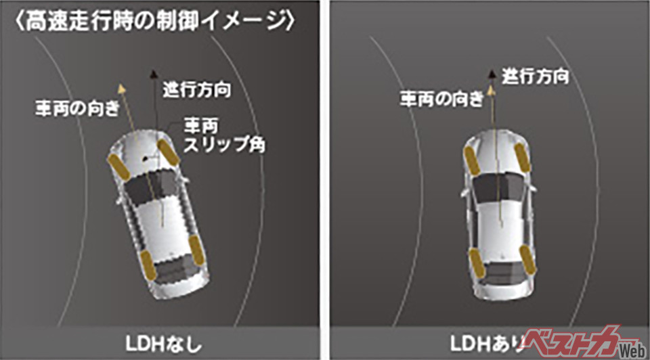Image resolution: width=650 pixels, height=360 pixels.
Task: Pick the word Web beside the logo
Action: pos(631,348)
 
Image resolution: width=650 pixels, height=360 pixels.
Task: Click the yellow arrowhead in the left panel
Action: pos(122,87)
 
